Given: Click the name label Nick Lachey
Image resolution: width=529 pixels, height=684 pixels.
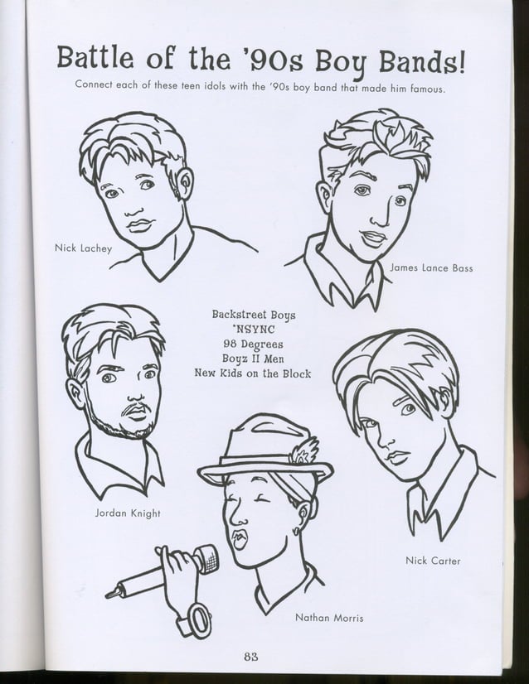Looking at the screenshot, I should pos(82,248).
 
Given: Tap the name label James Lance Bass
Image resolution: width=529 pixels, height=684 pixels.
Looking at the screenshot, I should pos(430,268).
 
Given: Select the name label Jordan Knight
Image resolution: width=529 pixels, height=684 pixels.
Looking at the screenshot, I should pos(128,513).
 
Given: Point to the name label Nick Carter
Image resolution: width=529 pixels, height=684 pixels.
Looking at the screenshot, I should pos(433,561).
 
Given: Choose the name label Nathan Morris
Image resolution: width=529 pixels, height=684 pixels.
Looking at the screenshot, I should pos(329,618).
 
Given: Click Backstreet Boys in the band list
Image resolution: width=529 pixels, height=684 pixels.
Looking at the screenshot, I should pos(253,315).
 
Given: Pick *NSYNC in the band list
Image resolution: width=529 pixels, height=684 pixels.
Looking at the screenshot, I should pos(253,330).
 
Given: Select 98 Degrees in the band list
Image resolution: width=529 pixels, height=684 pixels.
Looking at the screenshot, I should pos(253,344).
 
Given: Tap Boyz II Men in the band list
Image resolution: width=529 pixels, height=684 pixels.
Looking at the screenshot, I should pos(253,359).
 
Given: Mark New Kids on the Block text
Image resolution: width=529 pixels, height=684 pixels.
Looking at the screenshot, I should pos(253,373).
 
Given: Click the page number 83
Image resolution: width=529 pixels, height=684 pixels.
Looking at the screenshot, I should pos(251,657).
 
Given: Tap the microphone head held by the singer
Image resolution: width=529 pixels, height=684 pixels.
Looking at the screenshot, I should pos(204,559).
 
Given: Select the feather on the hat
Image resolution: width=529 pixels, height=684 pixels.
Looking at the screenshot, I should pos(304,452).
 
